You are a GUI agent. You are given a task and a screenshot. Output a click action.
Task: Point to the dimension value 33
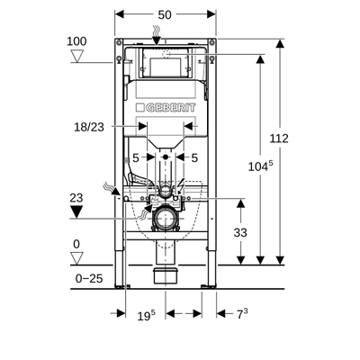(x=241, y=231)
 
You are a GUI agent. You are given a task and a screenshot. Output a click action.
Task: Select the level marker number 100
(x=79, y=40)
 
